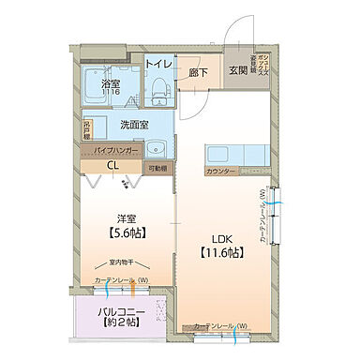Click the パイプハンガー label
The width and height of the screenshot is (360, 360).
coord(115,150)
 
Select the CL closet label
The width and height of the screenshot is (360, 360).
coord(112,167)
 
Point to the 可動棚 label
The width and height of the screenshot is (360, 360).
coord(157,169)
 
